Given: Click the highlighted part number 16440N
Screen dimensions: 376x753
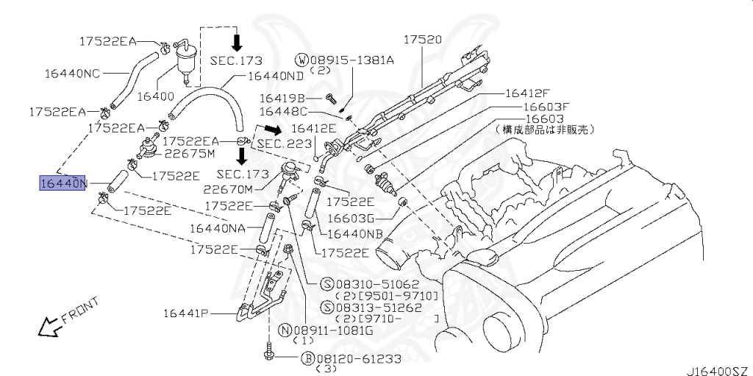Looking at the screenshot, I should [x=63, y=182].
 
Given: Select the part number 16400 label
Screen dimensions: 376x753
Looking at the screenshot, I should [x=156, y=97].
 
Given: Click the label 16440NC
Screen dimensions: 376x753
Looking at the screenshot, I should [x=72, y=73].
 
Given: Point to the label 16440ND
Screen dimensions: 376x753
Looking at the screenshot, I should [x=275, y=76].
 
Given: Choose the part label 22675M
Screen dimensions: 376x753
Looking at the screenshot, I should [x=189, y=154].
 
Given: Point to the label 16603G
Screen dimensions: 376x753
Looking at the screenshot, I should [x=351, y=218].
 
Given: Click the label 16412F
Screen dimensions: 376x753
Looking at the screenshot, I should [x=527, y=93].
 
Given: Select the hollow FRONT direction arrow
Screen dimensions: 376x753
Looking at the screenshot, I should [x=49, y=325].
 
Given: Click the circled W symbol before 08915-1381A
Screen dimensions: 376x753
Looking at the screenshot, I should [x=301, y=60].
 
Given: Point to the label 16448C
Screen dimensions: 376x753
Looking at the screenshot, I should [x=282, y=112].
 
